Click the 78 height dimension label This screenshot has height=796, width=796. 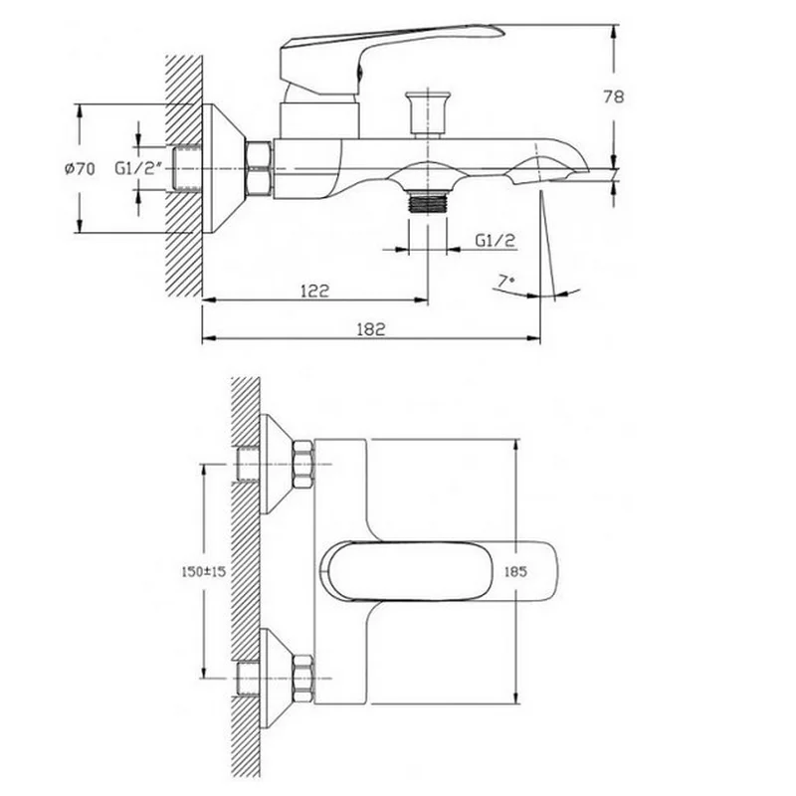point(614,97)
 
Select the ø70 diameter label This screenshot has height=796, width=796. point(80,168)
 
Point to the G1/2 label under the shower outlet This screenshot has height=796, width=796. point(495,240)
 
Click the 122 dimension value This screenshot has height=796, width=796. point(315,291)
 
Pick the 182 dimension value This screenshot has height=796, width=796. point(371,329)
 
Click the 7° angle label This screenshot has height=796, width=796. point(505,281)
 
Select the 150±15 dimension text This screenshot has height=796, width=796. point(204,571)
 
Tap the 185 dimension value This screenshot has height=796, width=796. point(515,571)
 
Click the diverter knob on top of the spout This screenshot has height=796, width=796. point(428,114)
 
